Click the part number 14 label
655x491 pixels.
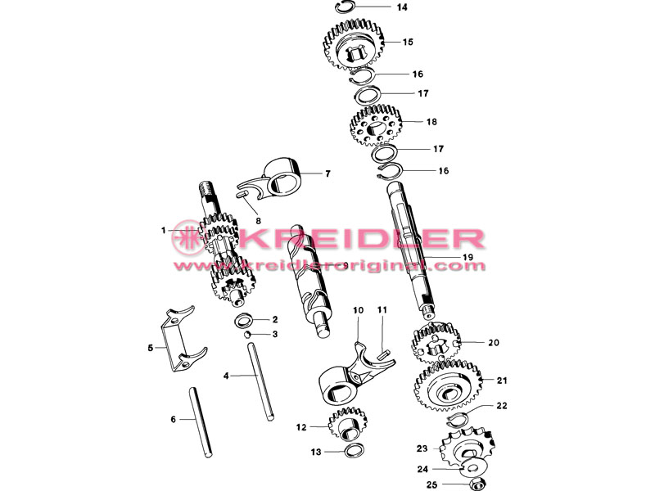pyautogui.click(x=402, y=7)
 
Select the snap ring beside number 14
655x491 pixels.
pyautogui.click(x=346, y=4)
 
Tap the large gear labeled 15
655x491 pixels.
pyautogui.click(x=354, y=44)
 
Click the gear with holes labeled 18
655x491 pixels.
pyautogui.click(x=375, y=125)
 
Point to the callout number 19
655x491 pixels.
pyautogui.click(x=468, y=257)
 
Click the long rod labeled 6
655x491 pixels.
pyautogui.click(x=201, y=421)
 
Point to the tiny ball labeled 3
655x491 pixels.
pyautogui.click(x=247, y=334)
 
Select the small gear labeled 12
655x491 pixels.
pyautogui.click(x=347, y=423)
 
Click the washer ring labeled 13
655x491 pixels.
pyautogui.click(x=354, y=451)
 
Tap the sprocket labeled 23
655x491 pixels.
pyautogui.click(x=468, y=449)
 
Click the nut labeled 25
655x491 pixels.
pyautogui.click(x=477, y=484)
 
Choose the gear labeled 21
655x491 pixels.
pyautogui.click(x=448, y=387)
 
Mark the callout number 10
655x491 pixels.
pyautogui.click(x=358, y=310)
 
